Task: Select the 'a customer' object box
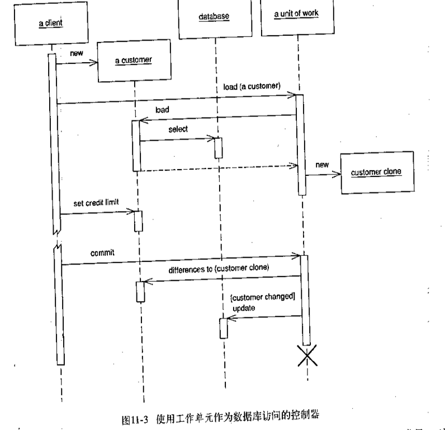click(x=134, y=60)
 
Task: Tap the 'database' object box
click(x=214, y=17)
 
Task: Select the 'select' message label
click(x=178, y=129)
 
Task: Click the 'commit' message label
click(x=102, y=253)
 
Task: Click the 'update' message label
click(x=244, y=309)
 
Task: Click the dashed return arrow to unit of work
click(x=218, y=166)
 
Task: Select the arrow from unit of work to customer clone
click(x=323, y=174)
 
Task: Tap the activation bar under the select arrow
click(x=219, y=148)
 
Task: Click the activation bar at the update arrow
click(x=224, y=328)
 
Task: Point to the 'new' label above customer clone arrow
click(x=322, y=165)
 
